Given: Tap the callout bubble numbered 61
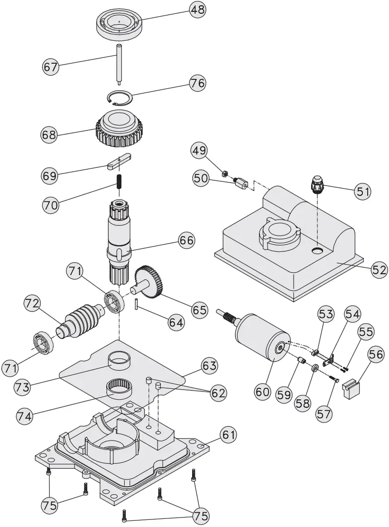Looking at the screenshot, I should point(229,434).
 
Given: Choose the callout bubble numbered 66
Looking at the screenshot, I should point(186,240).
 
